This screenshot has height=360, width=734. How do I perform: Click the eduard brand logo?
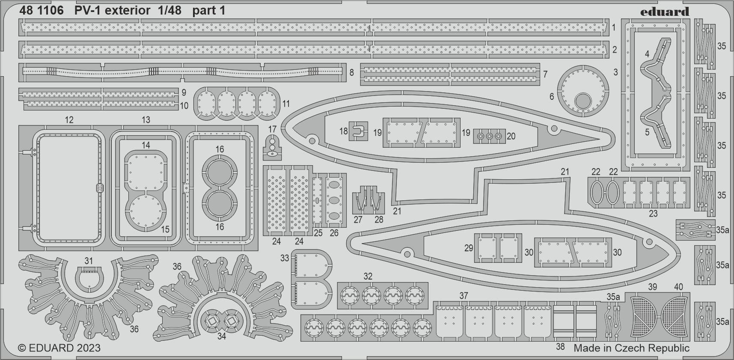pos(665,12)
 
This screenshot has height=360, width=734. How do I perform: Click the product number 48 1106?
pos(42,11)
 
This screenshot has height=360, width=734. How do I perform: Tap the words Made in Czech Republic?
pos(631,348)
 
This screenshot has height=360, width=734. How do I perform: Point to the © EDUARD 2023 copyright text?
pos(59,348)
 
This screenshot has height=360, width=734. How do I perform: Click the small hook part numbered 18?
pos(359,131)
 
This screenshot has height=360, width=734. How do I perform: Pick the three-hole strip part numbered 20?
pos(489,136)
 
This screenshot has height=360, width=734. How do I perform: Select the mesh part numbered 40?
pos(674,316)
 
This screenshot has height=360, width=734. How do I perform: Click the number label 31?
pos(89,261)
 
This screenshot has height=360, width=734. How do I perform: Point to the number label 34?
pos(221,336)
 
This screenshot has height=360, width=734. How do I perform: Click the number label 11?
pos(286,104)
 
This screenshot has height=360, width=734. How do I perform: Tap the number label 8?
pos(351,72)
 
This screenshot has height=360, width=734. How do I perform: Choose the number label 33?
pos(285,258)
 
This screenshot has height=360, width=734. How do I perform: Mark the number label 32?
pos(368,276)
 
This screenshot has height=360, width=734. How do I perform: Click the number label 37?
pos(464,295)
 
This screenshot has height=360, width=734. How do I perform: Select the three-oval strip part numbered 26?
pos(334,200)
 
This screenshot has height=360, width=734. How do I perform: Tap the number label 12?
pos(69,120)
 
